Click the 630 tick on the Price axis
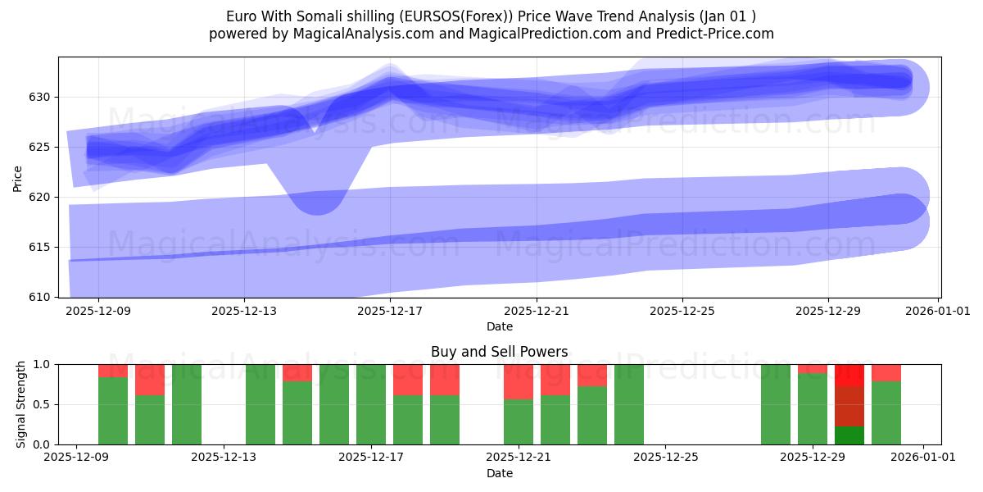pos(40,97)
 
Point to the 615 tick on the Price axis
pos(40,247)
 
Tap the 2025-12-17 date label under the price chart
pos(391,311)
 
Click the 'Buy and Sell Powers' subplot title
pos(499,352)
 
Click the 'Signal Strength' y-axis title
pos(22,404)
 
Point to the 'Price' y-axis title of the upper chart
pos(18,177)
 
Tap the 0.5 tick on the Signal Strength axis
pos(43,404)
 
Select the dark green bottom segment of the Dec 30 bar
pos(849,435)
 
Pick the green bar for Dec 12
pos(187,404)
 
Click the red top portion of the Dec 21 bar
pos(519,381)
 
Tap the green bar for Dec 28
pos(776,404)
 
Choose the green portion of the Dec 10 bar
pos(113,410)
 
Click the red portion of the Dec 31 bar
pos(886,373)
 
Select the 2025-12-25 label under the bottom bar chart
pos(665,458)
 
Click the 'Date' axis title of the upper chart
pos(499,326)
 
